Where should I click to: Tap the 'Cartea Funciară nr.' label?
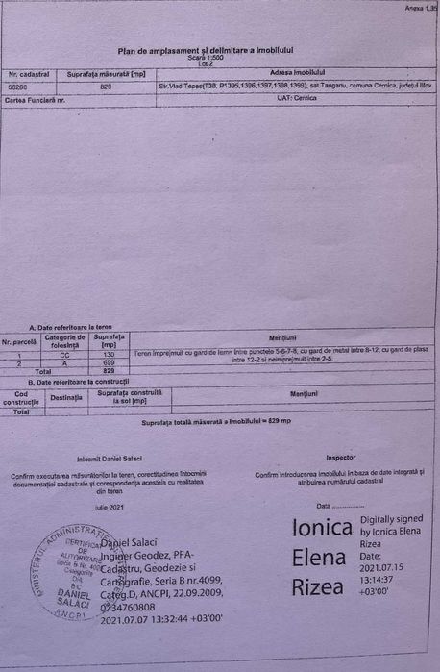(35, 99)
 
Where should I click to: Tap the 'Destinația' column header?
(66, 396)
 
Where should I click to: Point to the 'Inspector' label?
(340, 458)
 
